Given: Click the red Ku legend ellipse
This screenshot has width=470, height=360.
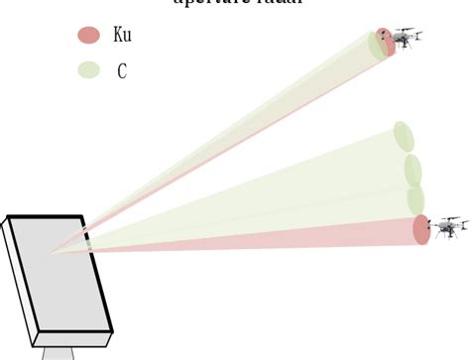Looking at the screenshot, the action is coord(89,36).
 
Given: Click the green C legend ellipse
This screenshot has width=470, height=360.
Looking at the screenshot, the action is coord(89,70).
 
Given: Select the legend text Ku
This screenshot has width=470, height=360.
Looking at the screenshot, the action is coord(122,36).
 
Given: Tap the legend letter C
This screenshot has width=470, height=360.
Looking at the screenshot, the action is coord(121,70).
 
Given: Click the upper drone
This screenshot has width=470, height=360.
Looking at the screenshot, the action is coord(405,38).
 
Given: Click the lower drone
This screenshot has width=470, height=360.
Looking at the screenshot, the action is coord(449,227).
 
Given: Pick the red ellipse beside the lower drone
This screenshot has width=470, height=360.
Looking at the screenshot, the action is coord(421,230).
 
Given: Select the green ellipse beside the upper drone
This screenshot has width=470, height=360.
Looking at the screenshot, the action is coord(377,46).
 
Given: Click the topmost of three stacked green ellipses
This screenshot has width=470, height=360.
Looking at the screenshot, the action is coord(403,137).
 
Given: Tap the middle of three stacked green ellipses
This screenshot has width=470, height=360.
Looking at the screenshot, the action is coord(412,170).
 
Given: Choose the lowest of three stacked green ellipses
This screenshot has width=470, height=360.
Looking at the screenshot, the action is coord(416,200).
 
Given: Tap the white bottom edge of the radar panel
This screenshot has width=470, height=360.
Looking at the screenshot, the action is coord(74,336).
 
